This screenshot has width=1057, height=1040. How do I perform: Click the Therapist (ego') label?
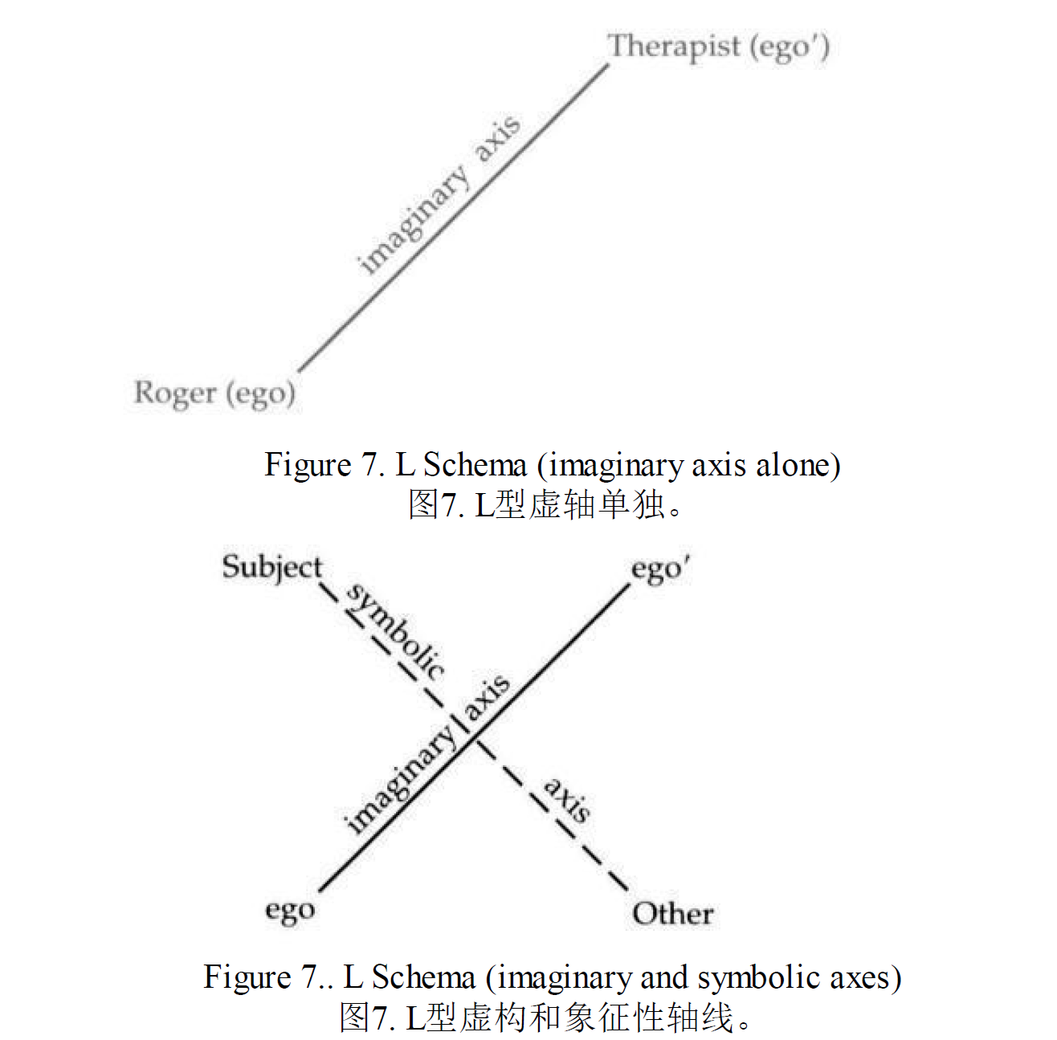(x=718, y=47)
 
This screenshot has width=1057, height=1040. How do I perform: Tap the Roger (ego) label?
(x=214, y=394)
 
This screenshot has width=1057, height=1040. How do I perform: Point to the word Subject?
(x=272, y=567)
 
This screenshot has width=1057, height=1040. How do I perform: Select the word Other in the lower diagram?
(x=672, y=914)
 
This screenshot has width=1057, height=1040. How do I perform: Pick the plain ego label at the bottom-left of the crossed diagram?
(x=290, y=911)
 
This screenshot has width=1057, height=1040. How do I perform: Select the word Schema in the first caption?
(x=475, y=465)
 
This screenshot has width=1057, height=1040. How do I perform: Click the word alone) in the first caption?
(x=798, y=465)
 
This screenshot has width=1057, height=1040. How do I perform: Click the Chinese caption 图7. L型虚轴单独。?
(x=545, y=504)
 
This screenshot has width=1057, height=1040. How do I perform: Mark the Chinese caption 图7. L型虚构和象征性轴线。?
(x=545, y=1017)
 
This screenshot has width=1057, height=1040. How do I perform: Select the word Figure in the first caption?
(x=308, y=465)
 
